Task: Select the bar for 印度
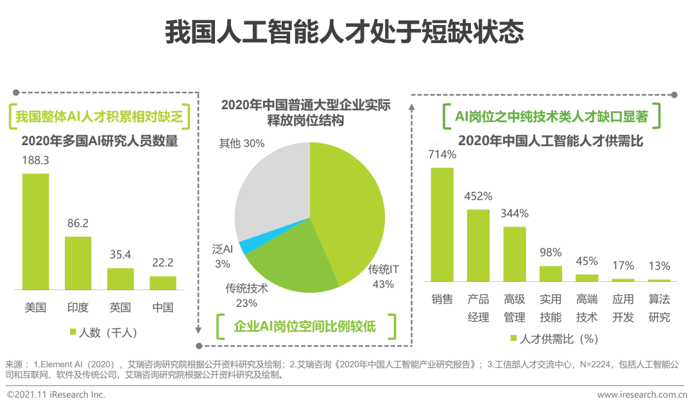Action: (x=78, y=263)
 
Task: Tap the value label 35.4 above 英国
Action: (x=120, y=255)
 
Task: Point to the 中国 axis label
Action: (x=162, y=307)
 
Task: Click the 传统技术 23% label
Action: (x=246, y=295)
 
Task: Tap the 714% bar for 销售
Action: (x=442, y=225)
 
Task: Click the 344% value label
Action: (x=515, y=213)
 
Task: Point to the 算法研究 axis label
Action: (x=659, y=308)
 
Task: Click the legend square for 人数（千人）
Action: (x=73, y=333)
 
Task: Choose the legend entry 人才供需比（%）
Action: (x=555, y=338)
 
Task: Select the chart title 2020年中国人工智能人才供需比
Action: (x=551, y=141)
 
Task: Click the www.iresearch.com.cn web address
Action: (x=642, y=394)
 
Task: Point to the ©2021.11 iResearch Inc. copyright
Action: (x=56, y=394)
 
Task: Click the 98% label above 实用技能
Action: (x=551, y=252)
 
